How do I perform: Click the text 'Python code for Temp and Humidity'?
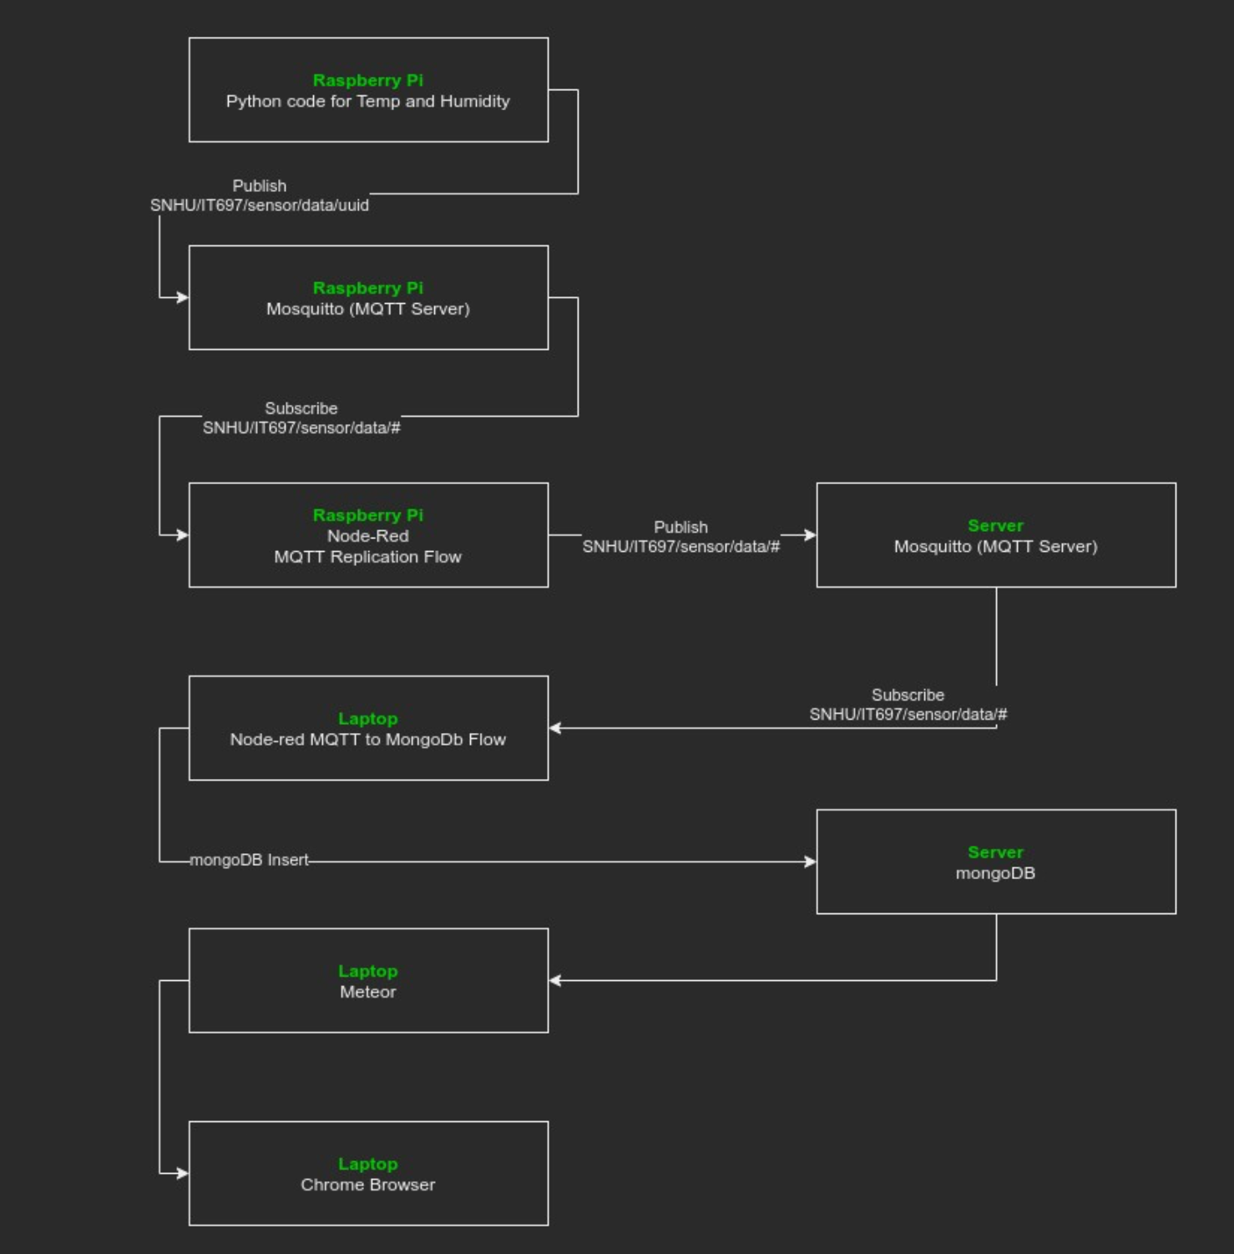pos(367,102)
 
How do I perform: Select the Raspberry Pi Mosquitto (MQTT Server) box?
pos(368,298)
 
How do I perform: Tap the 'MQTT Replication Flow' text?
pos(367,557)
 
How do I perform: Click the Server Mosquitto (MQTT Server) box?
pos(995,535)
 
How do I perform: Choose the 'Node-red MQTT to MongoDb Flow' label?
pos(367,740)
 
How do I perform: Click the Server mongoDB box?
pos(995,862)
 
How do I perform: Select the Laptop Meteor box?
pos(368,980)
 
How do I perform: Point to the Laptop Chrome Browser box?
pos(368,1173)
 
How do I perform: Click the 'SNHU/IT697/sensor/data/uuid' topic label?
pos(259,205)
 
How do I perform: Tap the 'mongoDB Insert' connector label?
pos(249,860)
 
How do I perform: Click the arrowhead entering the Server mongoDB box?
pos(810,862)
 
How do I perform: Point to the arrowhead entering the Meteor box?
pos(555,980)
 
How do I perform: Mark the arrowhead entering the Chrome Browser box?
pos(183,1173)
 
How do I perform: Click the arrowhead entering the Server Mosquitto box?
pos(810,535)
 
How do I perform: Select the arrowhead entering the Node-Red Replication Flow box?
pos(183,535)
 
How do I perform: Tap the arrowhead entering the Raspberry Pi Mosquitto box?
pos(183,297)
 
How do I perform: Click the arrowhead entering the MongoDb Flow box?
pos(555,728)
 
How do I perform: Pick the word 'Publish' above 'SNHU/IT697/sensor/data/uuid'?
pos(259,186)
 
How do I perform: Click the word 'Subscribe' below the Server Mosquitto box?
pos(908,695)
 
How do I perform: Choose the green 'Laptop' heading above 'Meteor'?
pos(367,971)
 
